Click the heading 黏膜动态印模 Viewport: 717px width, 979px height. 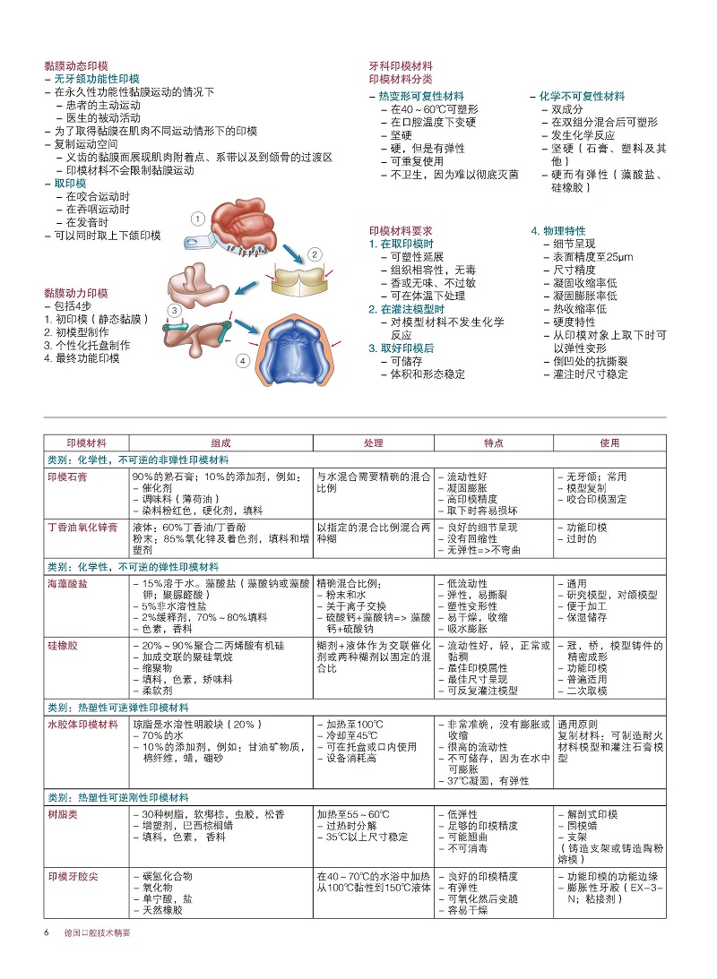76,65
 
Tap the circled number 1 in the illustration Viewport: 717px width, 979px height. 198,218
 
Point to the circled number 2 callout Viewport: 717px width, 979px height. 315,254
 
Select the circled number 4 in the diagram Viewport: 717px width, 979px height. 242,361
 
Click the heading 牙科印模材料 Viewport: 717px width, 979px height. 401,66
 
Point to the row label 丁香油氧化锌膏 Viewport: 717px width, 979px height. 82,528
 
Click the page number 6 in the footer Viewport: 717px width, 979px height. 47,932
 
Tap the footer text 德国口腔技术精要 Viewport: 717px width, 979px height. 96,932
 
